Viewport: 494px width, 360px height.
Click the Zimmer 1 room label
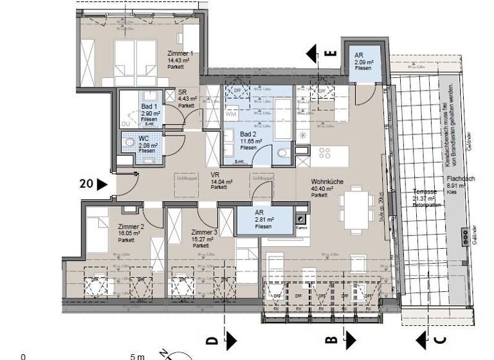[x=180, y=53]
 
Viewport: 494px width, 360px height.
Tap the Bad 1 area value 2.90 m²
[x=151, y=113]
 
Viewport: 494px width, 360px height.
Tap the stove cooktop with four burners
[x=325, y=153]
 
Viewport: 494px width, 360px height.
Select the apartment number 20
[x=86, y=184]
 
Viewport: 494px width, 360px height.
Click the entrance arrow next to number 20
[x=102, y=184]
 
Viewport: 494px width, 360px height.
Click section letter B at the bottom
[x=331, y=338]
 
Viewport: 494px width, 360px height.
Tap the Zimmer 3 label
[x=203, y=232]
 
